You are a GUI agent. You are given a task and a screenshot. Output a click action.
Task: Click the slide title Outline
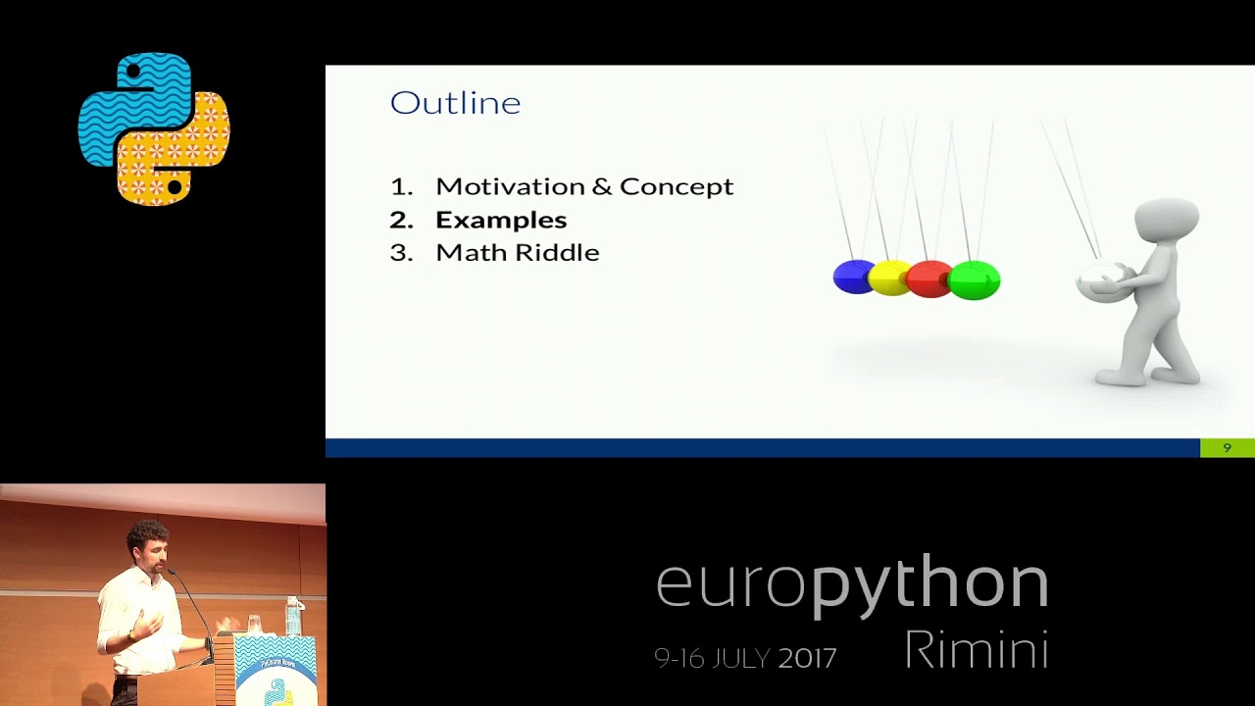click(455, 103)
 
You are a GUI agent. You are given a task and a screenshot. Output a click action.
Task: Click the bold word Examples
click(501, 220)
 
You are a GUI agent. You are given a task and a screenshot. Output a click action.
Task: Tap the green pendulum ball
click(975, 280)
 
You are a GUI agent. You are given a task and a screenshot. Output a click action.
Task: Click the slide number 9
click(1227, 448)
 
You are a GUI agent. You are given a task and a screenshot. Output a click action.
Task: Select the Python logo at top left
click(154, 128)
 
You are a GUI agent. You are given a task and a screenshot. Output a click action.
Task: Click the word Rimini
click(976, 650)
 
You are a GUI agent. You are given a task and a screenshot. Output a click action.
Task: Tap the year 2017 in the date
click(807, 658)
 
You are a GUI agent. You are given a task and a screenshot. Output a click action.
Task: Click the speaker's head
click(148, 544)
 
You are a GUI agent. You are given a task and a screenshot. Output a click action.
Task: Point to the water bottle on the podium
click(293, 617)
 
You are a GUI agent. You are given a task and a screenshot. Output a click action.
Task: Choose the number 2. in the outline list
click(401, 220)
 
